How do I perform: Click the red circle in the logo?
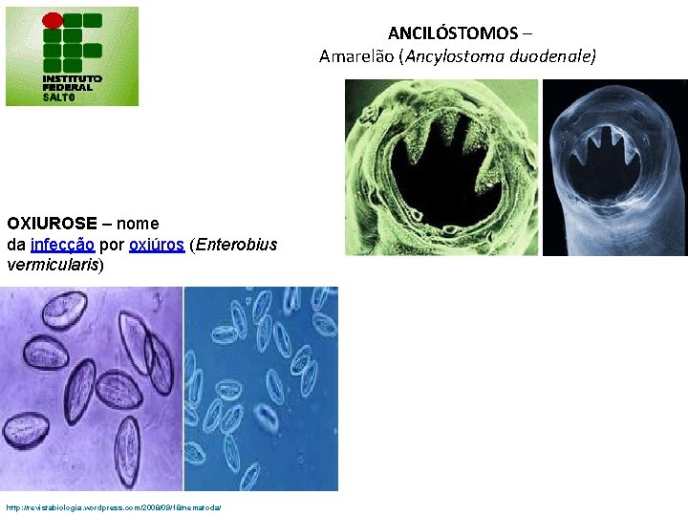pyautogui.click(x=54, y=20)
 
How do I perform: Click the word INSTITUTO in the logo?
pyautogui.click(x=72, y=78)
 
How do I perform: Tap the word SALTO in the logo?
pyautogui.click(x=58, y=97)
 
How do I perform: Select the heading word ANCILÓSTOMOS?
pyautogui.click(x=453, y=33)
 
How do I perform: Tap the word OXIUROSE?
pyautogui.click(x=52, y=224)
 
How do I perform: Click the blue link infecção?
pyautogui.click(x=62, y=245)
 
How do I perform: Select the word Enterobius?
pyautogui.click(x=236, y=245)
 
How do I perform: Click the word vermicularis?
pyautogui.click(x=52, y=265)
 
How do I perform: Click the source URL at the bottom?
pyautogui.click(x=113, y=507)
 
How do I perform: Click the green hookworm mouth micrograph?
pyautogui.click(x=441, y=167)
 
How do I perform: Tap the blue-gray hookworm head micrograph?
pyautogui.click(x=614, y=167)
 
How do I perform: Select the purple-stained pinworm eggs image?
pyautogui.click(x=92, y=389)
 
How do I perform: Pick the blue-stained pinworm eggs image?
pyautogui.click(x=261, y=389)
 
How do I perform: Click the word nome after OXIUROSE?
pyautogui.click(x=138, y=224)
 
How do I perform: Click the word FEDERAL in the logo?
pyautogui.click(x=67, y=88)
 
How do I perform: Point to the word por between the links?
pyautogui.click(x=112, y=245)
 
